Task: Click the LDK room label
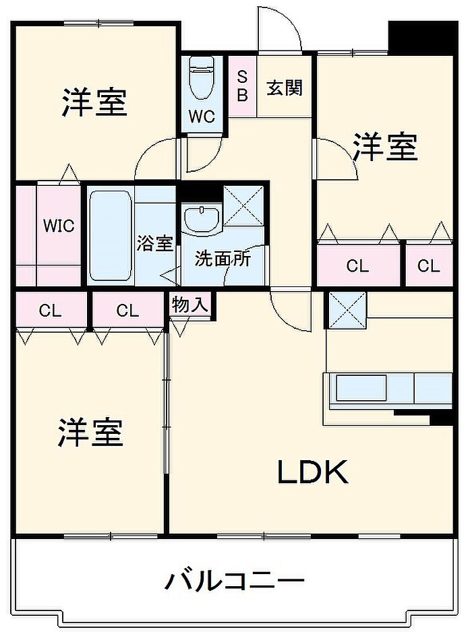point(312,472)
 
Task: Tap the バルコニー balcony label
point(234,581)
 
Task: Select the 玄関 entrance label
point(285,88)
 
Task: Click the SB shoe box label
point(242,86)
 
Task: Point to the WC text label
point(202,117)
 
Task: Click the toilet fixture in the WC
point(202,77)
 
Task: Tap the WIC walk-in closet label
point(59,226)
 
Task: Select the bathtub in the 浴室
point(110,236)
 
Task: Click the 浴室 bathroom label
point(154,243)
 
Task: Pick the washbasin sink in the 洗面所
point(202,219)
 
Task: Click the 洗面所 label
point(223,258)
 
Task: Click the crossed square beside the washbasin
point(243,205)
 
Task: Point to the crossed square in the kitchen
point(347,310)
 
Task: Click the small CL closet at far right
point(429,265)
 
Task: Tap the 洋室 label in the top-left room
point(94,102)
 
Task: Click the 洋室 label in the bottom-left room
point(90,432)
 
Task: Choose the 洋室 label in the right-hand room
point(385,146)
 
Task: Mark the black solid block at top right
point(423,38)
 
